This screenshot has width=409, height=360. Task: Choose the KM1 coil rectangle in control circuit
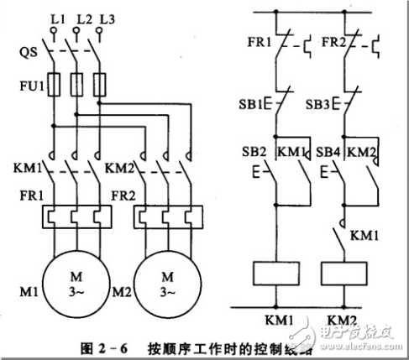(276, 273)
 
